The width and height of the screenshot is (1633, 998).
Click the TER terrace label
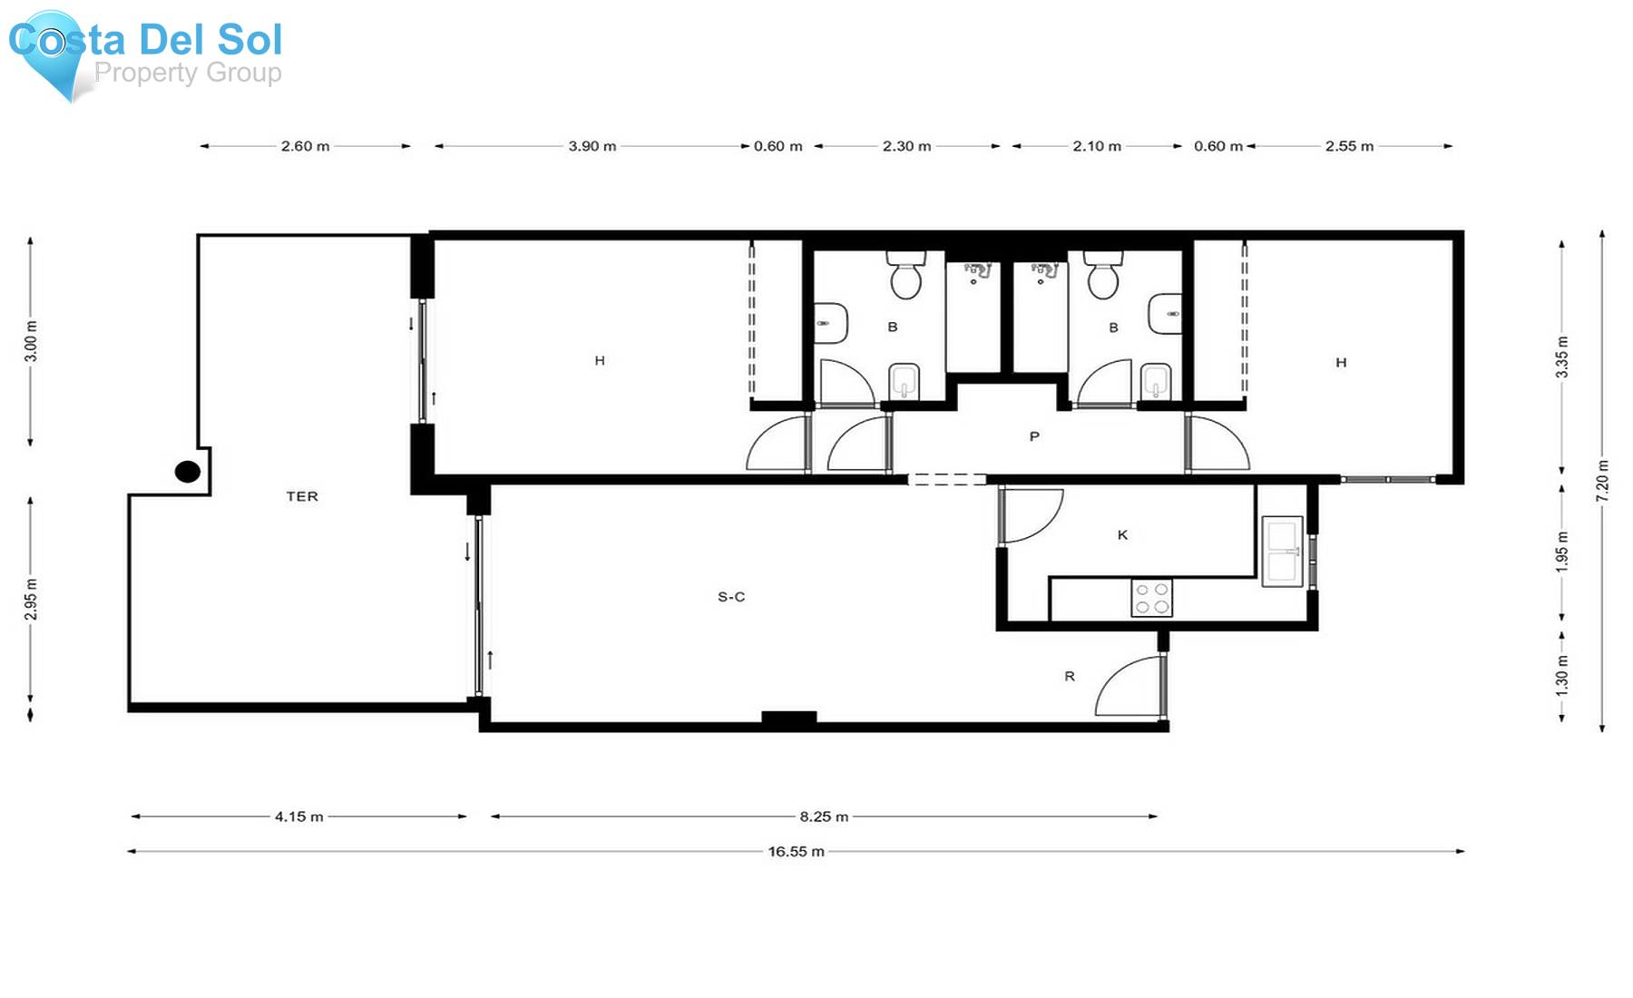pos(302,496)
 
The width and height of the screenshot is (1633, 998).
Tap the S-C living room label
pos(731,597)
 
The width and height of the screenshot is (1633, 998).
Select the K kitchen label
pos(1122,535)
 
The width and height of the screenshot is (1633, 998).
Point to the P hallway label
pos(1034,436)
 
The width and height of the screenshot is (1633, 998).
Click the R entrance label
pos(1070,676)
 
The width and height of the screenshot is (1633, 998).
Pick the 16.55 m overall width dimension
pos(796,851)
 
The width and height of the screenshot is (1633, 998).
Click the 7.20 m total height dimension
pos(1603,480)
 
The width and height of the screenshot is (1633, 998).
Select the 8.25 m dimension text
pos(824,817)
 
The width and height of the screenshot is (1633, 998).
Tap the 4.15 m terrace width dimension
pos(299,817)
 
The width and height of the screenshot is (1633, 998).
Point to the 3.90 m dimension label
pos(592,146)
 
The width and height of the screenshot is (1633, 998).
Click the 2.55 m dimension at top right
pos(1349,146)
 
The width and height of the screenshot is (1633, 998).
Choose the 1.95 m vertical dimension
pos(1562,551)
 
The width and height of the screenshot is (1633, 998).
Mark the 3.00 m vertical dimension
pos(31,341)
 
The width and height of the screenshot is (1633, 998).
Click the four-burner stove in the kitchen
pos(1151,598)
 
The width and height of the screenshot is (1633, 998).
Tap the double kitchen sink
pos(1282,551)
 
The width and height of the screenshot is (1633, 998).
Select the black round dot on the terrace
pos(188,472)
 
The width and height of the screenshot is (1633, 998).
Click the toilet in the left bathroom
pos(905,275)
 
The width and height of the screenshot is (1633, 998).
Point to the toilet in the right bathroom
pos(1103,275)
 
